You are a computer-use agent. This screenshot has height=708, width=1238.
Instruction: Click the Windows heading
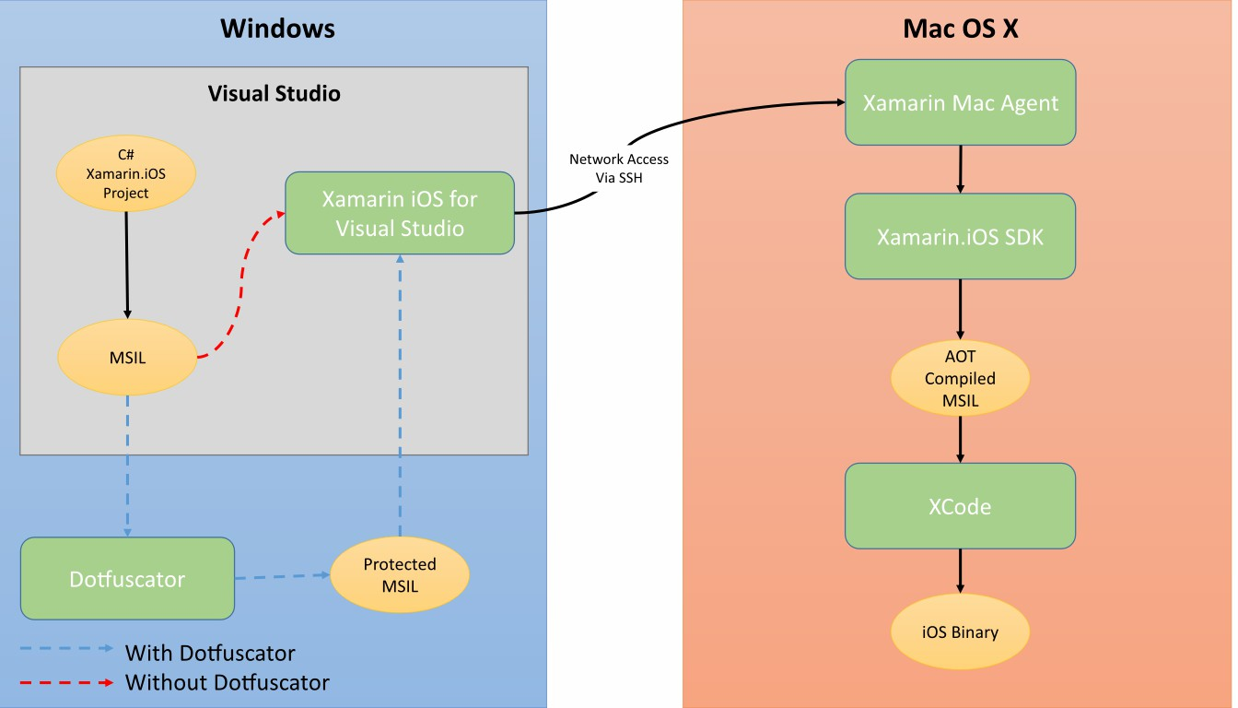point(277,29)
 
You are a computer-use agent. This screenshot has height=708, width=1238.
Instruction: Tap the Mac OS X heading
point(960,29)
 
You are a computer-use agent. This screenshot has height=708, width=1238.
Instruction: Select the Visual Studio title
point(274,93)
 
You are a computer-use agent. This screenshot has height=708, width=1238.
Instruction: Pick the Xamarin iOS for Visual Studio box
point(399,213)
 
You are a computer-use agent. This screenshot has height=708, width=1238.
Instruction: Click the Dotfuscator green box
point(127,579)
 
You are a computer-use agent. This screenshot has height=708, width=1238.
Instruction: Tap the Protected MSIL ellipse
point(399,575)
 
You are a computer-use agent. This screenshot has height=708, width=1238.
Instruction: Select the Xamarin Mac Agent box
point(960,102)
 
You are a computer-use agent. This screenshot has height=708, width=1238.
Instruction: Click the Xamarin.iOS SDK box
point(960,236)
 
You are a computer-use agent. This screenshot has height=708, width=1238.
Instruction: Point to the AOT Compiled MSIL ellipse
point(960,378)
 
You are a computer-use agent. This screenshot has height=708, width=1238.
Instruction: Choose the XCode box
point(960,506)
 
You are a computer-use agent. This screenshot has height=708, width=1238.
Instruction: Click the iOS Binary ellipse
point(960,632)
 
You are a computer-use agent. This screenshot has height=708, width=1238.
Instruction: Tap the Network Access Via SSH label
point(618,168)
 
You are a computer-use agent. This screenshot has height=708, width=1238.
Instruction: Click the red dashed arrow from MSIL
point(241,286)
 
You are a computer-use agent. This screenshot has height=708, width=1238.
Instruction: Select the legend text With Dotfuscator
point(210,654)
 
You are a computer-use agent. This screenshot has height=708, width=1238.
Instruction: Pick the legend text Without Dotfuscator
point(227,683)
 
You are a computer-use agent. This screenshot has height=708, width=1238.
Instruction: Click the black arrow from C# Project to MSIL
point(127,267)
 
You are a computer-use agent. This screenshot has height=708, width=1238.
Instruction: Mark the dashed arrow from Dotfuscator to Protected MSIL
point(281,577)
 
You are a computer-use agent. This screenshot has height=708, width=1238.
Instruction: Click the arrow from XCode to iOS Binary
point(960,572)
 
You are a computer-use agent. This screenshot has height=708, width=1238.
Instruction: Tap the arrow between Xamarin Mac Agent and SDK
point(960,169)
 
